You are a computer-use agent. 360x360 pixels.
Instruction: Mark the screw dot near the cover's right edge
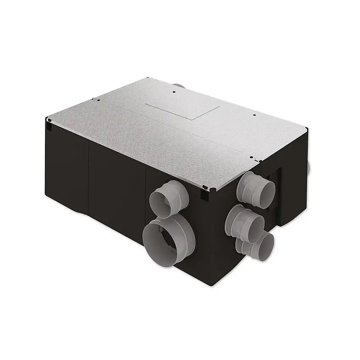[x=254, y=115]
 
